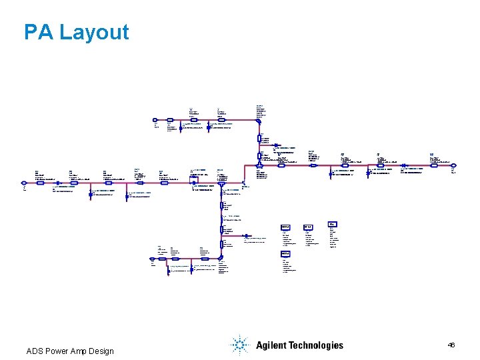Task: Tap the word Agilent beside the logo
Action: (x=273, y=345)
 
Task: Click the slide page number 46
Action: (x=451, y=345)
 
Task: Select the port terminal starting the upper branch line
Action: (x=155, y=125)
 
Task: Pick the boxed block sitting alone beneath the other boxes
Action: (x=285, y=254)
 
